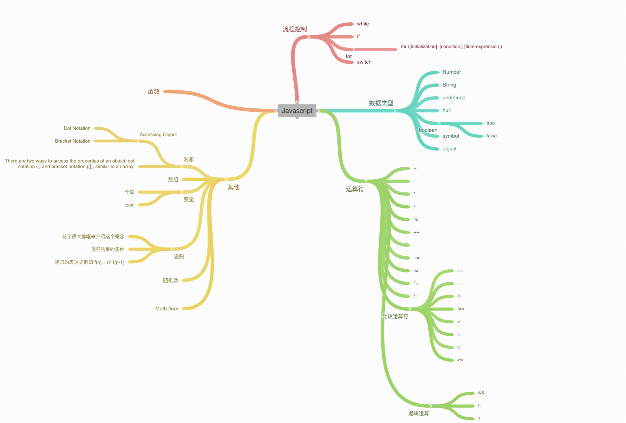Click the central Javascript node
point(297,111)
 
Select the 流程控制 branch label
point(295,29)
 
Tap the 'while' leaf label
point(363,24)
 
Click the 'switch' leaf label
point(364,62)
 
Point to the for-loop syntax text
point(451,47)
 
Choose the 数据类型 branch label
point(381,103)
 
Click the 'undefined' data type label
point(454,98)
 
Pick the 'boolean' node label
point(428,130)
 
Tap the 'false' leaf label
point(491,136)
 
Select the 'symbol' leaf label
point(450,136)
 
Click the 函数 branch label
point(154,92)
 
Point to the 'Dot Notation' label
point(77,128)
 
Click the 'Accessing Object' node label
point(158,134)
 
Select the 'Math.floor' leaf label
point(167,309)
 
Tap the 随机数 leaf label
point(170,280)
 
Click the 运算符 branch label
point(355,189)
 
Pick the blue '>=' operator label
point(460,334)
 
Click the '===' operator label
point(461,283)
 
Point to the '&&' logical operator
point(481,393)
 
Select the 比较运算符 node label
point(395,316)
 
